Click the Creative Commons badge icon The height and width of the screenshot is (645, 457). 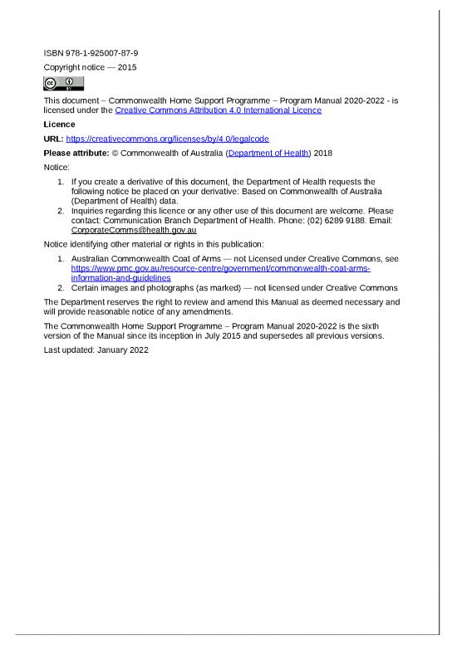(x=63, y=83)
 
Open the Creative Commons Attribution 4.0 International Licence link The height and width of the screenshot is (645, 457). (x=218, y=110)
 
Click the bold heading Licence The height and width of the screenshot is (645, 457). (x=59, y=124)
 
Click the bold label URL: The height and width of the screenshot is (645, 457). (x=52, y=139)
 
